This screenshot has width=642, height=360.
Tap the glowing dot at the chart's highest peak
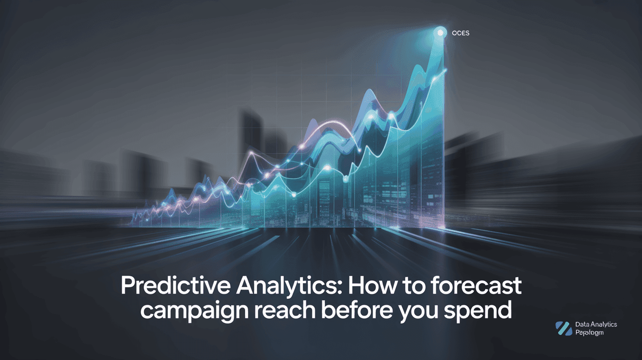pos(440,33)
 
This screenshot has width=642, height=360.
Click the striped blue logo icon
pos(564,328)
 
